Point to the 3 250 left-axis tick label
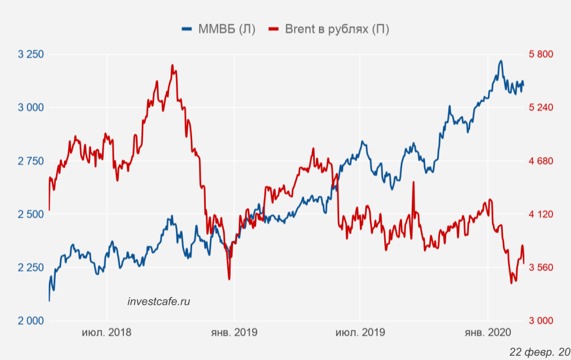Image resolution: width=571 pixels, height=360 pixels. click(x=31, y=55)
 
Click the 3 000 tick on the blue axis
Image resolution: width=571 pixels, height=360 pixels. click(x=31, y=107)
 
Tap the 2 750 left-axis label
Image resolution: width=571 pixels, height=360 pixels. click(x=31, y=161)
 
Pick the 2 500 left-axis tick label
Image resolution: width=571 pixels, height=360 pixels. click(x=31, y=214)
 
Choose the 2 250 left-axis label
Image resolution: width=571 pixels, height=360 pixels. click(x=31, y=267)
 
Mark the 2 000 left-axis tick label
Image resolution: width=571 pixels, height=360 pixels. click(x=31, y=321)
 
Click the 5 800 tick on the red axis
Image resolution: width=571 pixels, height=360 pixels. click(x=540, y=55)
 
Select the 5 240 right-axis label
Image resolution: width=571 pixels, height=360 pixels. click(x=540, y=107)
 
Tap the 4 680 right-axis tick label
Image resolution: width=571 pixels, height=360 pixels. click(x=540, y=161)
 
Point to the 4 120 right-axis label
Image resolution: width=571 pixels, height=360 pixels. click(x=540, y=214)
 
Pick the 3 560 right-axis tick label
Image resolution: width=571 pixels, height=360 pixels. click(x=540, y=267)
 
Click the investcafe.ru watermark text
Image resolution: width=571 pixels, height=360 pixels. click(x=159, y=301)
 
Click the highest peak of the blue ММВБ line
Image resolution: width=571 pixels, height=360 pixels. click(x=501, y=60)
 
